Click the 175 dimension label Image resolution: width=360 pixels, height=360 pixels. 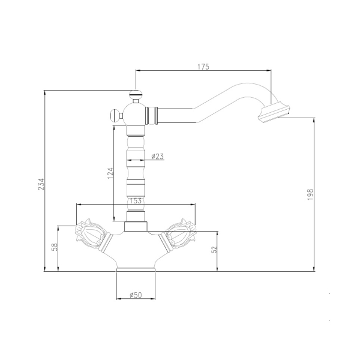pyautogui.click(x=203, y=67)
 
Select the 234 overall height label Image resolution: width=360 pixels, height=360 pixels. pyautogui.click(x=41, y=184)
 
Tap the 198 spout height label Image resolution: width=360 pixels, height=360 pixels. pyautogui.click(x=310, y=194)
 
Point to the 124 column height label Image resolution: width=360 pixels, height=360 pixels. pyautogui.click(x=110, y=173)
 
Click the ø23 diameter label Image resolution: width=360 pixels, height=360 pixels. pyautogui.click(x=157, y=157)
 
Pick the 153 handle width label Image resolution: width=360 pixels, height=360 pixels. pyautogui.click(x=136, y=200)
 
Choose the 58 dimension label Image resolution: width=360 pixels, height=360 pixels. pyautogui.click(x=55, y=247)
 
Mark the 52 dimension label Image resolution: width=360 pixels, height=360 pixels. pyautogui.click(x=214, y=249)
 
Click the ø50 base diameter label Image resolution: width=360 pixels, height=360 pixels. pyautogui.click(x=136, y=295)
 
